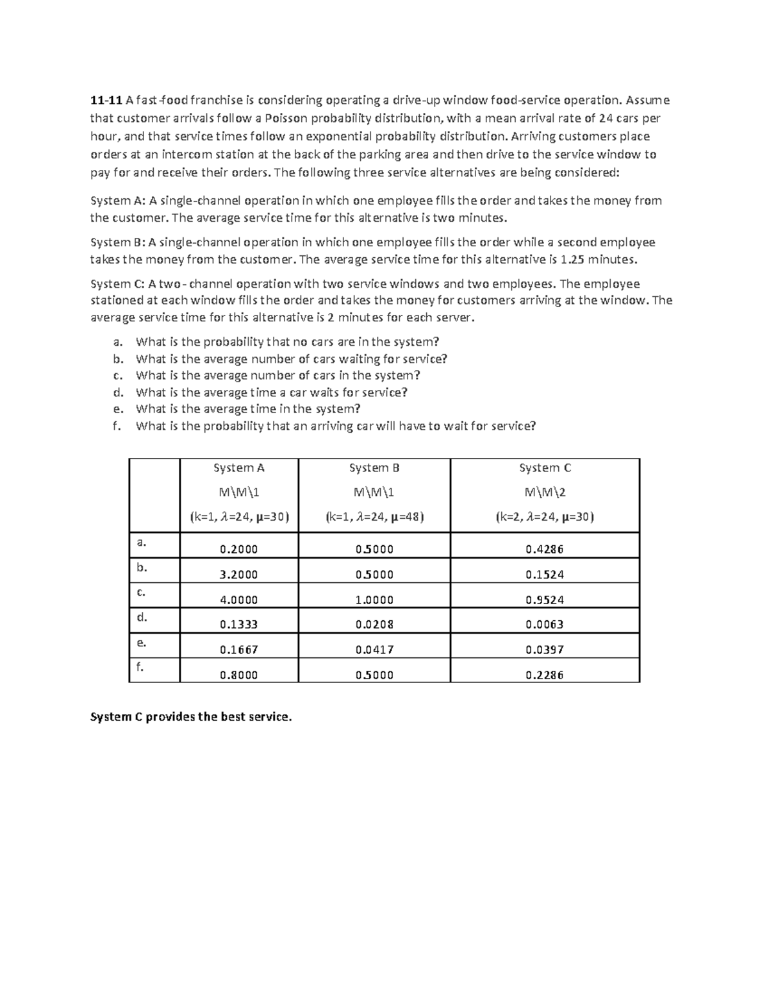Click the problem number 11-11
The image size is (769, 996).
106,100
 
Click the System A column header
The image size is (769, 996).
238,468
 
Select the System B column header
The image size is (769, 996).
374,468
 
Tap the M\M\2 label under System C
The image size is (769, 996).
545,493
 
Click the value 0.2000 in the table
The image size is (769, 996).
238,550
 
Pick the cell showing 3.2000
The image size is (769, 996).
238,575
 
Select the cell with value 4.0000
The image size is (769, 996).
238,600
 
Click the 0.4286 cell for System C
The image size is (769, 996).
545,550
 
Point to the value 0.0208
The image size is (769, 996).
374,625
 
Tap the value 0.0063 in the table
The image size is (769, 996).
545,625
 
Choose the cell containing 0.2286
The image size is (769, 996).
545,675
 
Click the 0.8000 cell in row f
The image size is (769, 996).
238,675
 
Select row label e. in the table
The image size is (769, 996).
142,642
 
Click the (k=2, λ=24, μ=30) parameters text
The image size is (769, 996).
545,517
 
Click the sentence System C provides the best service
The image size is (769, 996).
191,717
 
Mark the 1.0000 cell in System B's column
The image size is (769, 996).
374,600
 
